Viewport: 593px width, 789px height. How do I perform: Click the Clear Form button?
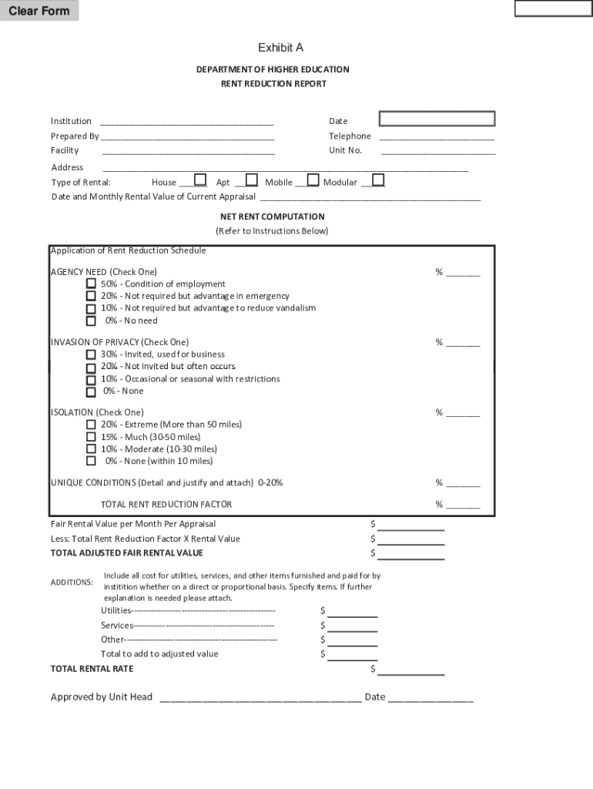click(39, 11)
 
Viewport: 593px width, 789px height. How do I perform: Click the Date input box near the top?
click(437, 119)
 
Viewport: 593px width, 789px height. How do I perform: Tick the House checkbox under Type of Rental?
click(200, 180)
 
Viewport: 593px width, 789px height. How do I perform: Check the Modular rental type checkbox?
click(378, 180)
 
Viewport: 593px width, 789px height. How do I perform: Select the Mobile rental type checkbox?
click(313, 180)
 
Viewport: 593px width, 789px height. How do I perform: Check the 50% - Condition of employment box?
click(91, 284)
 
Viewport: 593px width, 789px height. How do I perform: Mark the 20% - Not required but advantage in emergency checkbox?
click(91, 297)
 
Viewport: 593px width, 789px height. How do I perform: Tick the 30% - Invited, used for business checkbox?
click(91, 354)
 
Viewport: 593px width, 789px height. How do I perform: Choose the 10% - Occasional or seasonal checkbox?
click(91, 379)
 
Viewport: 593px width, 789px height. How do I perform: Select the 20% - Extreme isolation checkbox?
click(91, 425)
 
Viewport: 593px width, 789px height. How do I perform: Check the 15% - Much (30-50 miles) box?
click(91, 437)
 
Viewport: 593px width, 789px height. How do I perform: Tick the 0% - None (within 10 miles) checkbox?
click(91, 461)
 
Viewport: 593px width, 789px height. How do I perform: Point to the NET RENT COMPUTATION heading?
click(272, 217)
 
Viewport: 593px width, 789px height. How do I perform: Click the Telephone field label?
click(350, 136)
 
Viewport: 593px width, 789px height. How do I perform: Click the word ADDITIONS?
click(72, 582)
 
